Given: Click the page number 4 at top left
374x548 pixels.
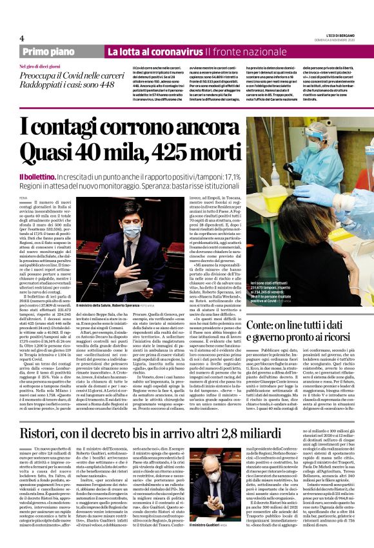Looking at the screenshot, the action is tap(22, 37).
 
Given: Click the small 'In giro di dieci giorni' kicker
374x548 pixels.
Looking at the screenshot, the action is tap(41, 66).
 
